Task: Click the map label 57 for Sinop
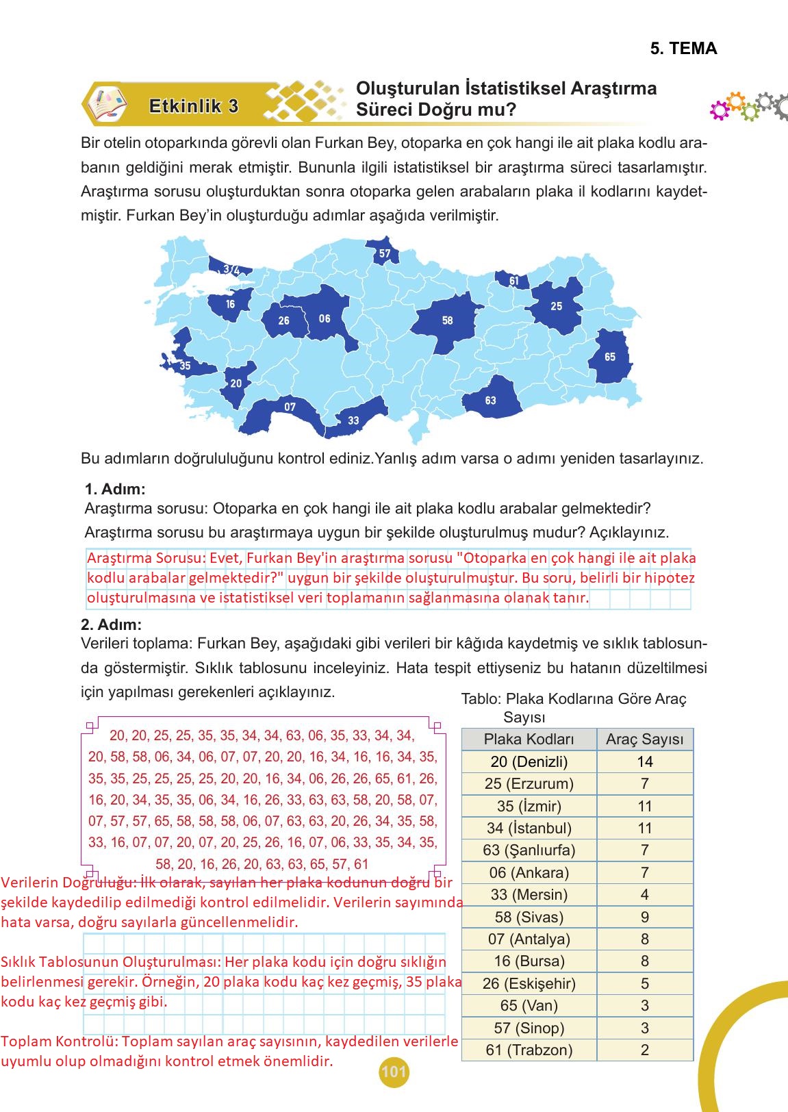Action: (x=385, y=253)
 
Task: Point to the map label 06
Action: (x=325, y=318)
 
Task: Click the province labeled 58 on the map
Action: (x=447, y=320)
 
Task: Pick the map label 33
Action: (x=353, y=420)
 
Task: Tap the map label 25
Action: (x=557, y=306)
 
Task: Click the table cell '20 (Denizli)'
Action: (x=529, y=761)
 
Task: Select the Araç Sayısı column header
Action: (x=644, y=740)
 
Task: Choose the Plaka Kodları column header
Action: (x=529, y=740)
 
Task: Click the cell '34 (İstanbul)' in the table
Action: (x=529, y=828)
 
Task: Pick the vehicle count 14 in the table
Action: (x=644, y=761)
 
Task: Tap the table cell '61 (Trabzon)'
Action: (x=529, y=1050)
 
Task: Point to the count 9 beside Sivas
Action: (x=644, y=917)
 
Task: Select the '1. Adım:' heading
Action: (x=115, y=490)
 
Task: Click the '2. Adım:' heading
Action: (x=112, y=624)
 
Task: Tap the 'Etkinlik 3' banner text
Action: (x=194, y=106)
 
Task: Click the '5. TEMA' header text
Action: (x=683, y=49)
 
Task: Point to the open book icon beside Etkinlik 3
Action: (x=107, y=104)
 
